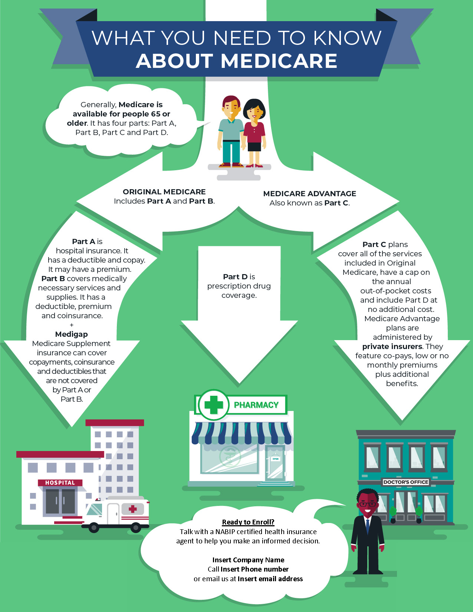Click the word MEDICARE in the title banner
(279, 61)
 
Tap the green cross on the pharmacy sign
(214, 404)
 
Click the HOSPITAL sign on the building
(60, 483)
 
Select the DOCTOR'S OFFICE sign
(405, 482)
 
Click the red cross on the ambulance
(132, 509)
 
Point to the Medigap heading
(71, 334)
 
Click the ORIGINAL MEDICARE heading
(164, 192)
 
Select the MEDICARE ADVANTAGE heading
(309, 194)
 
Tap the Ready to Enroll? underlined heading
(248, 522)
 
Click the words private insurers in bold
(392, 346)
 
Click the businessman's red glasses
(367, 504)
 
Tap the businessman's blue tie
(367, 526)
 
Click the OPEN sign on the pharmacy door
(275, 459)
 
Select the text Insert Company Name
(248, 560)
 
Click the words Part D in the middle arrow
(235, 277)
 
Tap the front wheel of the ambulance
(94, 527)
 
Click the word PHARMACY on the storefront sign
(256, 405)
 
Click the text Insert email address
(270, 579)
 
